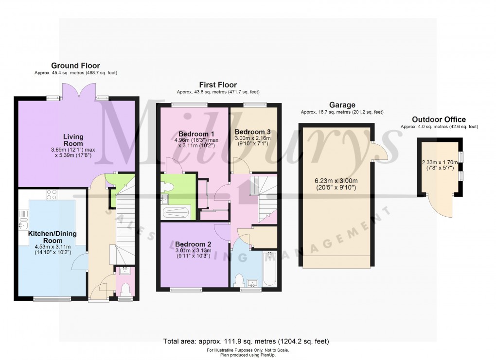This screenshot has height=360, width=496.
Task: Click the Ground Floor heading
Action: (x=76, y=66)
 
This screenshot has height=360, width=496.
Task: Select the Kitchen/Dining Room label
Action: (x=52, y=237)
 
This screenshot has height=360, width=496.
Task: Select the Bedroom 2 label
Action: (x=193, y=244)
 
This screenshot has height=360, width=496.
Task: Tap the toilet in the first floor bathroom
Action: (x=239, y=281)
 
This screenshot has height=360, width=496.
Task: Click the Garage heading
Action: (x=342, y=105)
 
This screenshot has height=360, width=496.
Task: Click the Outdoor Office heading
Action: (x=439, y=120)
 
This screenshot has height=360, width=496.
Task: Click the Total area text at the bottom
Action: (x=248, y=341)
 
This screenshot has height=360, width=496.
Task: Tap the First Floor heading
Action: (x=218, y=85)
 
